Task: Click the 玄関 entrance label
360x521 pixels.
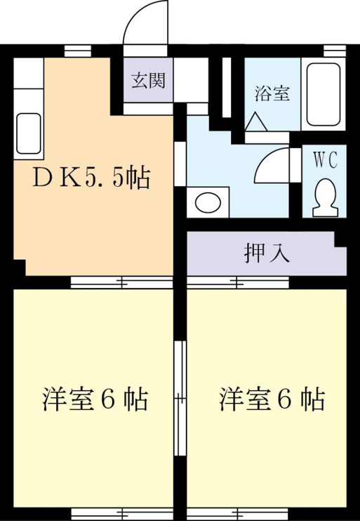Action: (x=148, y=81)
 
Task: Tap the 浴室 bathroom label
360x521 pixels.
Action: (x=272, y=93)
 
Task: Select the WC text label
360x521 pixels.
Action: (x=326, y=161)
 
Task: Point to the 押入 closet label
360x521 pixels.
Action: (x=267, y=254)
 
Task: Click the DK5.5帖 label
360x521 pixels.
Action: (x=91, y=179)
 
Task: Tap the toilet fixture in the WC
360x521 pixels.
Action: (x=326, y=198)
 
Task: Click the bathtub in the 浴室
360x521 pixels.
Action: (x=323, y=95)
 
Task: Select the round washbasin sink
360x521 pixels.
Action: (x=208, y=203)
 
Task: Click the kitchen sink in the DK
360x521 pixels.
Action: (x=29, y=133)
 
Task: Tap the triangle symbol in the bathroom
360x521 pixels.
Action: (x=255, y=121)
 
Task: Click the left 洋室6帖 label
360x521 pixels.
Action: (x=95, y=400)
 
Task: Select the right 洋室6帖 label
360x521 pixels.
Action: (x=272, y=400)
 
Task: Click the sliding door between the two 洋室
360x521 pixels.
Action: (x=180, y=397)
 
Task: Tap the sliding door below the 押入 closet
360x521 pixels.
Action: (x=238, y=282)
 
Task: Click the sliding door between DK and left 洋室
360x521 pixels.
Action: (x=122, y=282)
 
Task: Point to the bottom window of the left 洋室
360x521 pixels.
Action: (x=122, y=514)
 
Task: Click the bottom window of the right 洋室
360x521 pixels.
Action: (x=238, y=514)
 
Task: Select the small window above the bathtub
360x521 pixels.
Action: (x=335, y=51)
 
